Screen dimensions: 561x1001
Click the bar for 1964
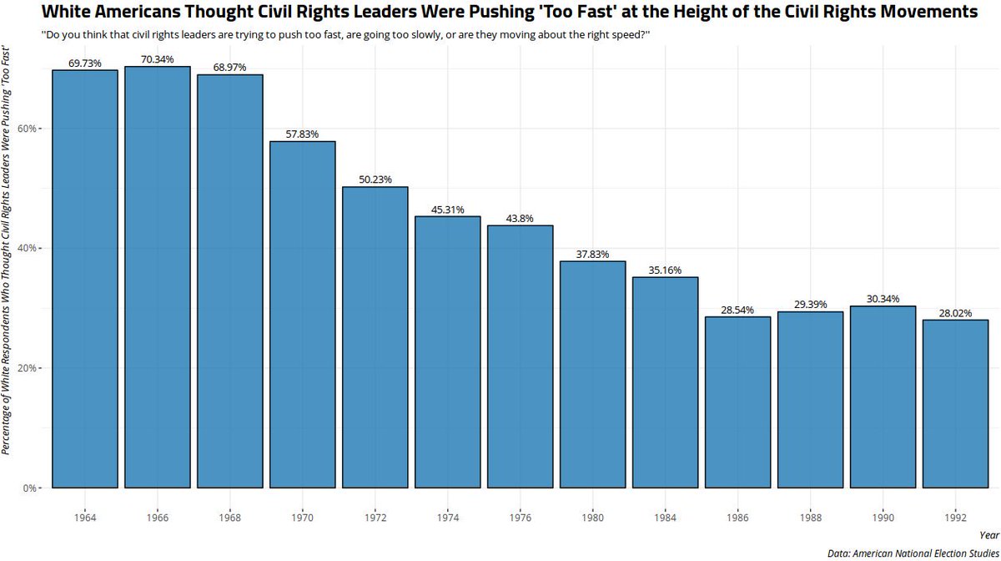pos(85,279)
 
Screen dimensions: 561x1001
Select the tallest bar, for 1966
pos(158,277)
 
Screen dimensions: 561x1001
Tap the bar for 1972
pos(375,337)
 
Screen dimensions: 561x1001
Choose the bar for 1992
pos(955,404)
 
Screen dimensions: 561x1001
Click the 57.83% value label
pos(303,134)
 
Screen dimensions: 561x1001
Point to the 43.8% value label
pos(521,219)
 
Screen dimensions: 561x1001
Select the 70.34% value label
pos(158,60)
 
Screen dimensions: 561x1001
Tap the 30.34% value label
pos(883,299)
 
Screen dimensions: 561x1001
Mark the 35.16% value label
pos(665,270)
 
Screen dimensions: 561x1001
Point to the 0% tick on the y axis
pos(33,488)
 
